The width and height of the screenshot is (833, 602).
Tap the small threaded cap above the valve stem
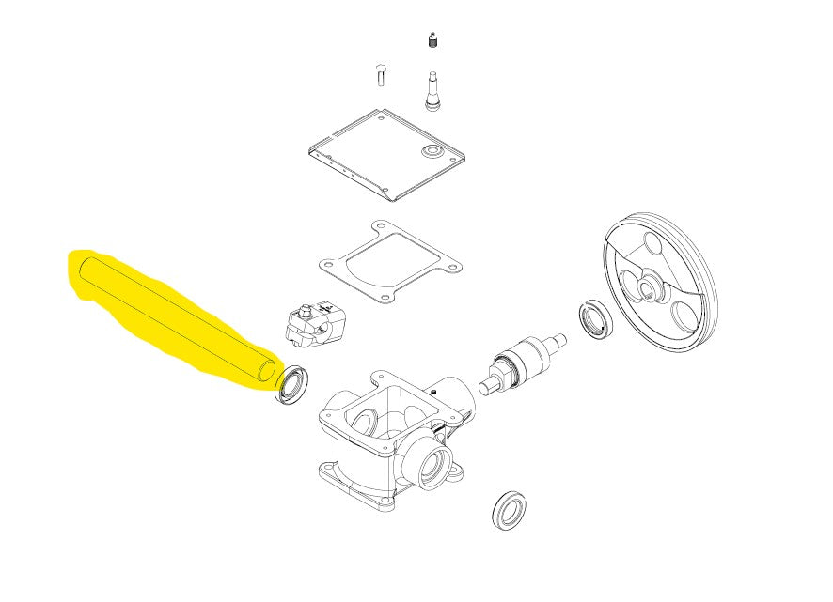click(433, 41)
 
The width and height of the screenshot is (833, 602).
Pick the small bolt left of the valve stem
click(381, 73)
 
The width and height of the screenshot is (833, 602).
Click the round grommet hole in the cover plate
click(432, 150)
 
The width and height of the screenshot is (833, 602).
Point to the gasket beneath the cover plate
click(387, 262)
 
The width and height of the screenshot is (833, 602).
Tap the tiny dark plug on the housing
click(434, 392)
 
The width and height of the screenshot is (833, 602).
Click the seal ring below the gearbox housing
click(510, 509)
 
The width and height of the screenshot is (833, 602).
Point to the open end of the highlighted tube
click(267, 370)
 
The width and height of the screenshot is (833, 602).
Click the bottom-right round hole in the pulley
click(684, 314)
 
